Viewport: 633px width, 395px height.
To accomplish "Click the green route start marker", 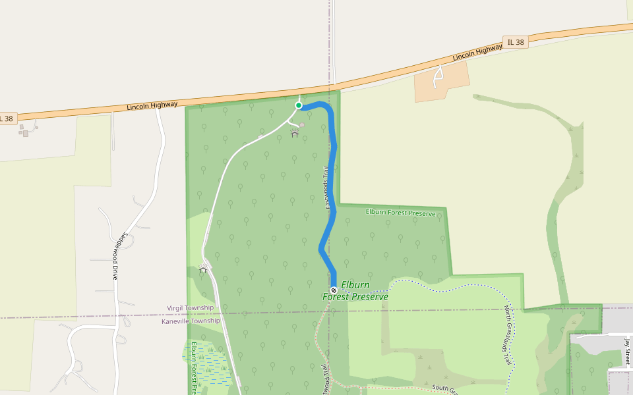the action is [x=299, y=105].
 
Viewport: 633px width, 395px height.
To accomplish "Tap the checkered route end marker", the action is [x=334, y=290].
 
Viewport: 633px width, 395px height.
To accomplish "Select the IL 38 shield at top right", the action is [x=516, y=42].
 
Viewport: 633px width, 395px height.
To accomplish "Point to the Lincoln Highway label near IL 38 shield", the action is [x=477, y=53].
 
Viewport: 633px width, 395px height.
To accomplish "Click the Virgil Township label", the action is [x=190, y=308].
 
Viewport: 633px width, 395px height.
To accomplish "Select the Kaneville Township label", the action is [x=191, y=321].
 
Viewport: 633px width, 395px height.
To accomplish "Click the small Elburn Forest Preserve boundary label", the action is [x=400, y=213].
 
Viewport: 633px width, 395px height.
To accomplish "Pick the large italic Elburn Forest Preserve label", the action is [x=355, y=291].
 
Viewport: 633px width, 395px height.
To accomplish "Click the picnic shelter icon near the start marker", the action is [x=294, y=134].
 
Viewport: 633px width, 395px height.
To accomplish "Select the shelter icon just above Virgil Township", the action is [x=203, y=269].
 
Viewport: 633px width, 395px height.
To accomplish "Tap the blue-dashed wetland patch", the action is [x=210, y=362].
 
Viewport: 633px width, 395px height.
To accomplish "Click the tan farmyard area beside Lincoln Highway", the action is [x=442, y=82].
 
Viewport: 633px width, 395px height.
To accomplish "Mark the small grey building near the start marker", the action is [x=302, y=124].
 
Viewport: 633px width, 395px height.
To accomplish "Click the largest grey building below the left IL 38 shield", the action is [x=26, y=133].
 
